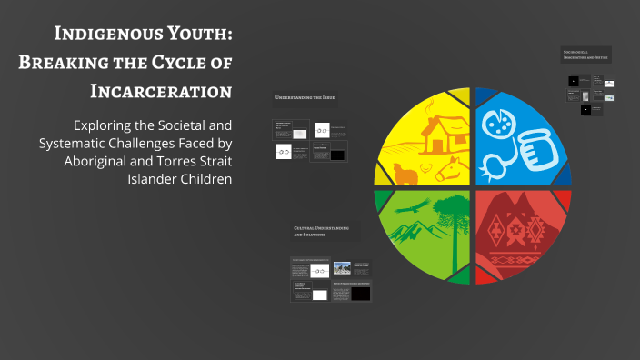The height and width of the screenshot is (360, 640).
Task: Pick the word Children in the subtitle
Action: [x=202, y=178]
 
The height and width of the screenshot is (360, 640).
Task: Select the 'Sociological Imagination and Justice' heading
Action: [x=585, y=55]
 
